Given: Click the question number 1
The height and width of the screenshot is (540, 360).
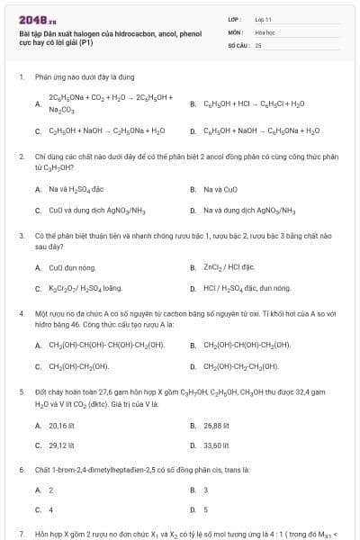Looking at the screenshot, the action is [x=21, y=77].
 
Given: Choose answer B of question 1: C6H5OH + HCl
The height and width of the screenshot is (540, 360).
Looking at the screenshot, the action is [x=255, y=103].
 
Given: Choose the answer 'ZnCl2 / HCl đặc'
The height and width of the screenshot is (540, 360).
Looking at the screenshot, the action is [x=229, y=267].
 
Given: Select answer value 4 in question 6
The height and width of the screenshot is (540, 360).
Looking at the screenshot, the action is [x=51, y=510].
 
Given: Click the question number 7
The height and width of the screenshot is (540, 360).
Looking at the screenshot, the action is [x=21, y=534].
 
